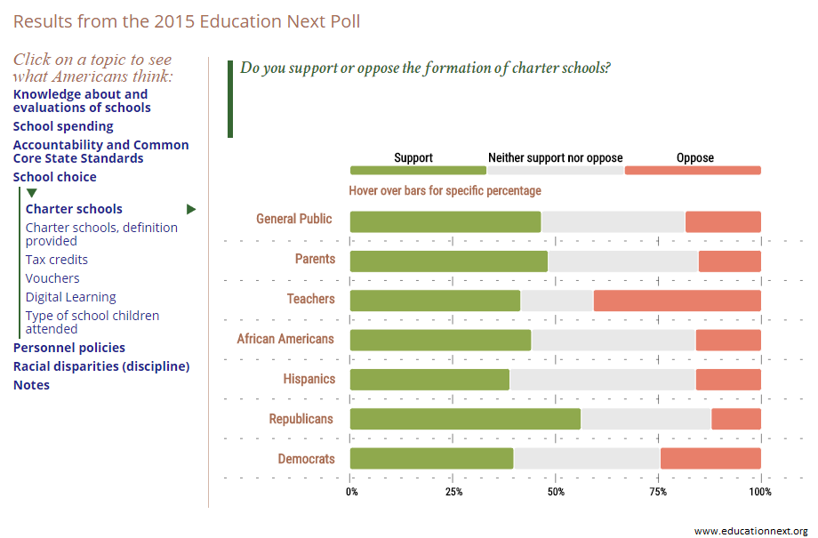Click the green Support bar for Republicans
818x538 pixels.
click(465, 419)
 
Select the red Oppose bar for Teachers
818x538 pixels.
click(677, 301)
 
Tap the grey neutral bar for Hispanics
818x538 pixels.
click(603, 380)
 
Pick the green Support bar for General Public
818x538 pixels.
click(445, 221)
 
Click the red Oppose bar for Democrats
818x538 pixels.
click(710, 458)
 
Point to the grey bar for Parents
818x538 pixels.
click(622, 261)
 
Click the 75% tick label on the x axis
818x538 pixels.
click(659, 492)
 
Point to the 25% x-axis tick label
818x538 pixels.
click(453, 492)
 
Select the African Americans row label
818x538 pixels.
click(285, 339)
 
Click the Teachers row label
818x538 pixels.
click(310, 299)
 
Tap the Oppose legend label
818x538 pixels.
click(694, 158)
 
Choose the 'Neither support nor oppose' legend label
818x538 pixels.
click(555, 158)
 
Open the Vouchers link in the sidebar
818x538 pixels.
click(52, 278)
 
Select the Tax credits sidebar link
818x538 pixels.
click(56, 260)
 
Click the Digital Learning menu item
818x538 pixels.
click(70, 297)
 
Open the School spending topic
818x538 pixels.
click(63, 126)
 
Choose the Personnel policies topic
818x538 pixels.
click(68, 348)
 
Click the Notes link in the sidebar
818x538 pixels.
click(31, 385)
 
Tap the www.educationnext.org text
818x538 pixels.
click(750, 530)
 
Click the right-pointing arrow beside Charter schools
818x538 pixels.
click(190, 209)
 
